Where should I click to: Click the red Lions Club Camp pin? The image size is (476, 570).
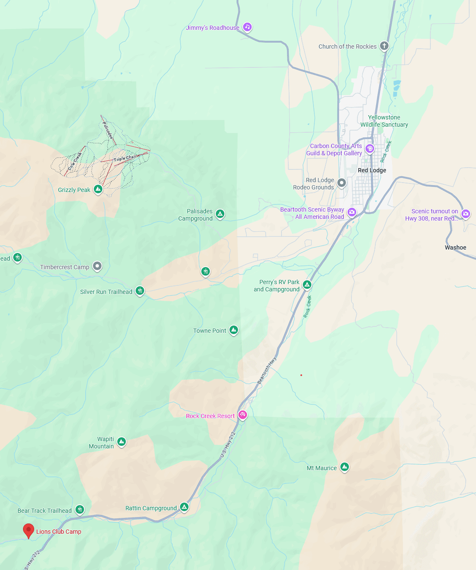28,530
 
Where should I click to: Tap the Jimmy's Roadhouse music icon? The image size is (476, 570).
247,27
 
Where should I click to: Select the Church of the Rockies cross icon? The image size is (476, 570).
384,46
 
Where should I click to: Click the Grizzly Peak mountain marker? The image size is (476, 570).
98,189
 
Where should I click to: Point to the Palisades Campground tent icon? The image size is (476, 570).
220,214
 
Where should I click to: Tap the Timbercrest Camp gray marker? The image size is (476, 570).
97,267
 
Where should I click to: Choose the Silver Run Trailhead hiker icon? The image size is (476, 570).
140,291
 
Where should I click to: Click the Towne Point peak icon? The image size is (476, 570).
234,330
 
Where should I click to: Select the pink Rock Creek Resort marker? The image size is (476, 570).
243,415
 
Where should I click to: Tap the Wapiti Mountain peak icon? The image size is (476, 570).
122,442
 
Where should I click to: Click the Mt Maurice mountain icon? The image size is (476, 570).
345,467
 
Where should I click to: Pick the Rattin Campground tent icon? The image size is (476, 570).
184,507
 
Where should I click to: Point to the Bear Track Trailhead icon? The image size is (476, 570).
80,509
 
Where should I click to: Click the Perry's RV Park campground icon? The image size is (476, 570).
307,285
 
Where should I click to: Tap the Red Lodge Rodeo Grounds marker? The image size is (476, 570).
342,183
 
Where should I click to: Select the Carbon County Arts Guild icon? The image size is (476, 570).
370,149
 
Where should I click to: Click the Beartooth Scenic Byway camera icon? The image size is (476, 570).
352,212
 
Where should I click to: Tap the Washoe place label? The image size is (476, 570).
456,247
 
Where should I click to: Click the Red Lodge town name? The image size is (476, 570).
372,170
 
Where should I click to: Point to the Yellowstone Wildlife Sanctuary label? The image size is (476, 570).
384,121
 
